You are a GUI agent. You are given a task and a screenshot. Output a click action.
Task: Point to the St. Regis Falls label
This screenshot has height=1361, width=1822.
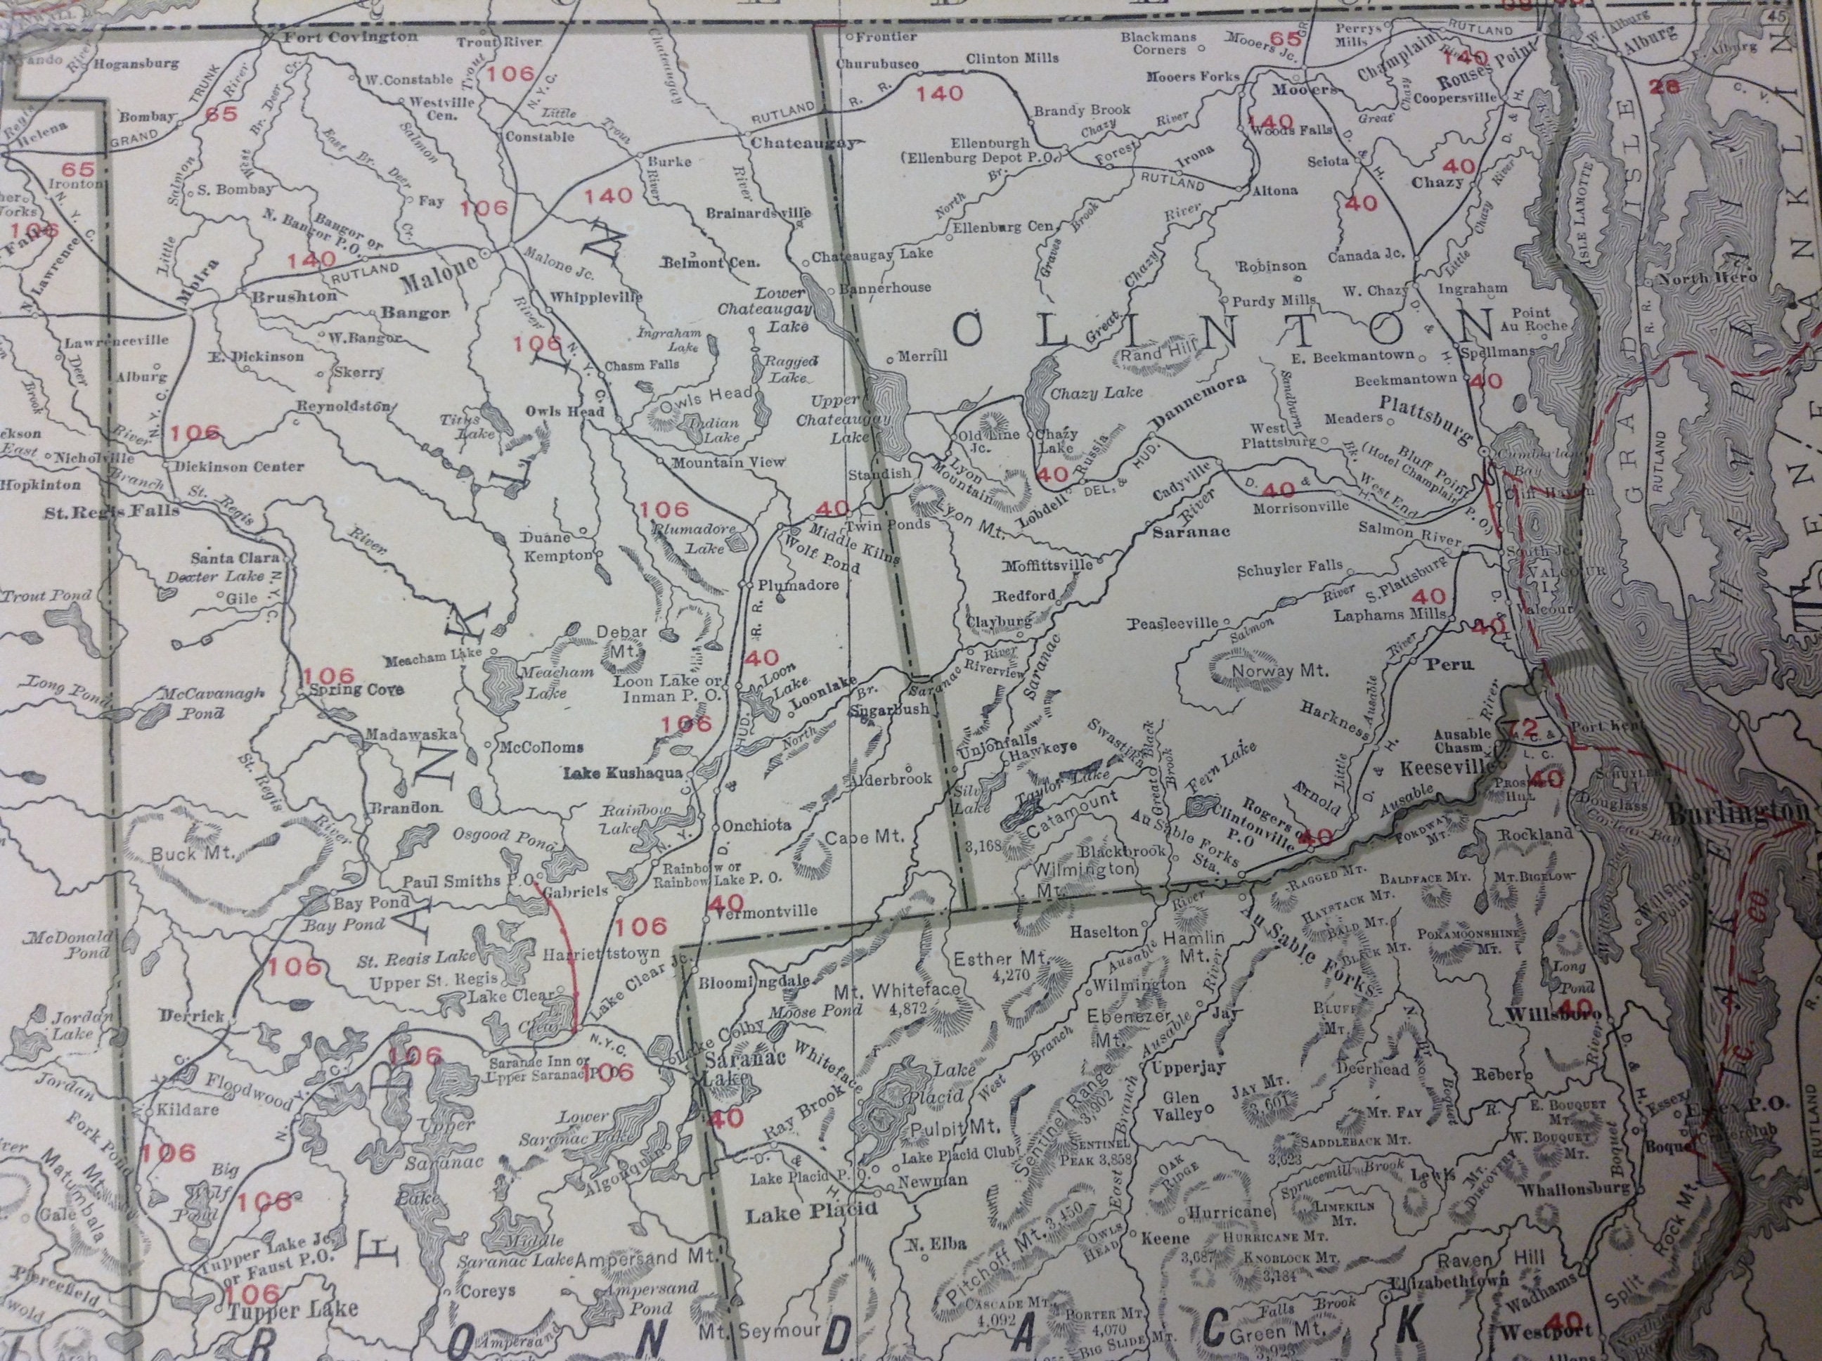pos(113,511)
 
